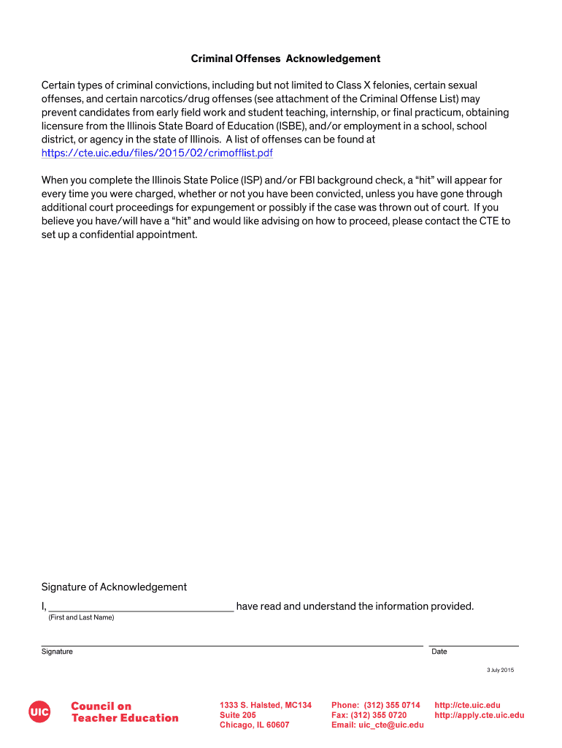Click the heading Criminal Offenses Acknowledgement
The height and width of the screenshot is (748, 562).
tap(285, 58)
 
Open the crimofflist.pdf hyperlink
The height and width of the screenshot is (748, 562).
tap(157, 153)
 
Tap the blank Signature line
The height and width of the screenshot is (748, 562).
tap(231, 642)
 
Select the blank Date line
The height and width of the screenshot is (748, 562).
tap(474, 642)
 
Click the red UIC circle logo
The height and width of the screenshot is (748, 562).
tap(39, 711)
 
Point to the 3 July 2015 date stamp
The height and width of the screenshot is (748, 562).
tap(501, 671)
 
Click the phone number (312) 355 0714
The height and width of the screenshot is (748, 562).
tap(393, 705)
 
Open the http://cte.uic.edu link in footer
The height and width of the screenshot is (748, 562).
tap(467, 705)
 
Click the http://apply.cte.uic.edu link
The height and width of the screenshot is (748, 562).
tap(479, 715)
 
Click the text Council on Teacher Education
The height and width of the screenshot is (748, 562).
tap(124, 711)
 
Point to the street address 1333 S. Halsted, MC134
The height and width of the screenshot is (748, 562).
tap(266, 705)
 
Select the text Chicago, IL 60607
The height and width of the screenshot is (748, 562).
tap(254, 725)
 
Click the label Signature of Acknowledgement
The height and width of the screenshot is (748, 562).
tap(114, 587)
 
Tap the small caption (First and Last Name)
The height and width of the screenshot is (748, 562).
tap(81, 618)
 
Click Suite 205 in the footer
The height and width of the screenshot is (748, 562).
tap(237, 715)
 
